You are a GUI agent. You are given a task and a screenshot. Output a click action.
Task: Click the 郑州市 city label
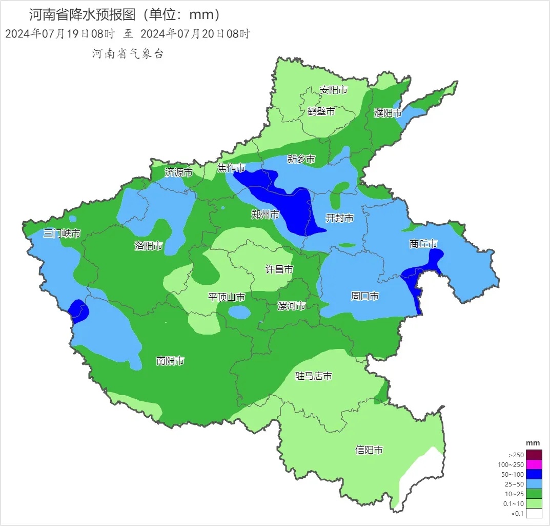[265, 215]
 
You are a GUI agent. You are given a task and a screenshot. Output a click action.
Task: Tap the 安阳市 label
[333, 90]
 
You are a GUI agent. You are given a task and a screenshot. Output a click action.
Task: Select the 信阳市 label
[369, 450]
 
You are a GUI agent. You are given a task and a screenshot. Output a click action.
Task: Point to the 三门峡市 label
[62, 233]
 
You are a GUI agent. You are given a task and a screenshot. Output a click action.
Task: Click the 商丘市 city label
[423, 244]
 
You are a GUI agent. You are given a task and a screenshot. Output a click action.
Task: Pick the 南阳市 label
[170, 361]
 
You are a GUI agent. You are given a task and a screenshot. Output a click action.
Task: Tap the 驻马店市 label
[314, 376]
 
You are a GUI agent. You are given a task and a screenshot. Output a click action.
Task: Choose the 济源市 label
[178, 172]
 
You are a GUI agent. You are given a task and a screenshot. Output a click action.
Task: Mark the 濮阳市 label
[388, 113]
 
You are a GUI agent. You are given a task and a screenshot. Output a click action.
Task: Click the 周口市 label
[364, 296]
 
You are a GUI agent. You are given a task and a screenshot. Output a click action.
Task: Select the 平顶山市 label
[226, 297]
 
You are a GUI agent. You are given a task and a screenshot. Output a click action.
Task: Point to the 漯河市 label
[291, 306]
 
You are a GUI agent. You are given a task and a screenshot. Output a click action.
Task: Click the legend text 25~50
[515, 484]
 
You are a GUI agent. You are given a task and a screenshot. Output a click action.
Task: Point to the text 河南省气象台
[128, 54]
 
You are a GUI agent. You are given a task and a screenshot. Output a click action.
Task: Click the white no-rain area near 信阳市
[420, 472]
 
